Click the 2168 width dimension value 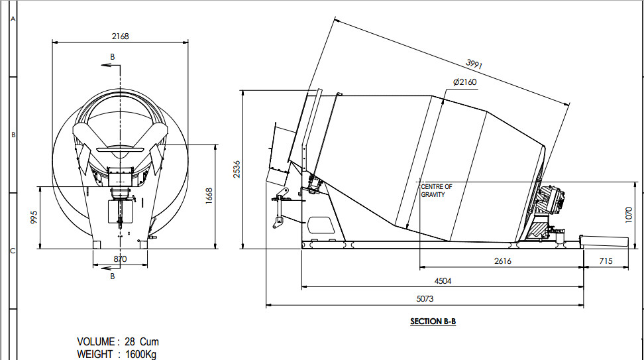tap(120, 36)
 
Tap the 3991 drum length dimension tap(474, 64)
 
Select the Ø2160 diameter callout tap(464, 82)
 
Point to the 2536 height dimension tap(237, 169)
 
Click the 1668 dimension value tap(209, 196)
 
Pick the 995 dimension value tap(34, 217)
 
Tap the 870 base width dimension tap(120, 259)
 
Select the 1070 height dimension tap(628, 215)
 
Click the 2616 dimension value tap(503, 261)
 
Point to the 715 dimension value tap(606, 261)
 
